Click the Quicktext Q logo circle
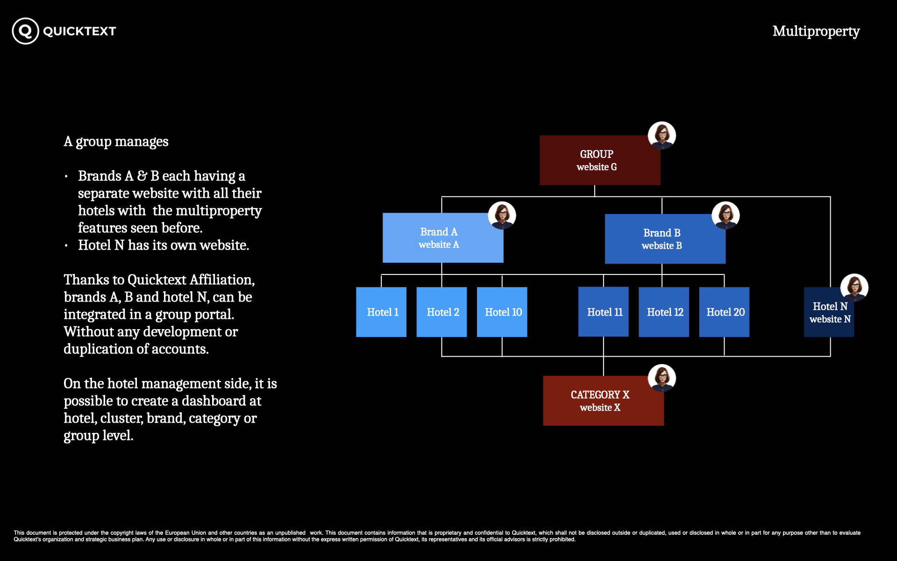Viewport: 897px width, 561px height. pyautogui.click(x=25, y=31)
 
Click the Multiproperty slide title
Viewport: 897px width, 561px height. pyautogui.click(x=816, y=31)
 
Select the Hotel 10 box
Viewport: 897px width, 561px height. pyautogui.click(x=502, y=312)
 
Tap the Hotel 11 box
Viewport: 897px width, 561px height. pyautogui.click(x=603, y=312)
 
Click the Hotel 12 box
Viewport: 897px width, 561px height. pyautogui.click(x=663, y=312)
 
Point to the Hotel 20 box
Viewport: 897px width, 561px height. pyautogui.click(x=724, y=312)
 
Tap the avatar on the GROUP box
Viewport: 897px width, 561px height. pyautogui.click(x=662, y=136)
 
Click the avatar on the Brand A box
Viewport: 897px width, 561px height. pyautogui.click(x=502, y=216)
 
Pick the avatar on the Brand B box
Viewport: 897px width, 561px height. pyautogui.click(x=725, y=216)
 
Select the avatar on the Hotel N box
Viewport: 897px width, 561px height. pyautogui.click(x=854, y=287)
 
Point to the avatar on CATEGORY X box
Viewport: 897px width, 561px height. pyautogui.click(x=662, y=378)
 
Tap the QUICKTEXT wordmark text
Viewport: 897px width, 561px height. pyautogui.click(x=79, y=31)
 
